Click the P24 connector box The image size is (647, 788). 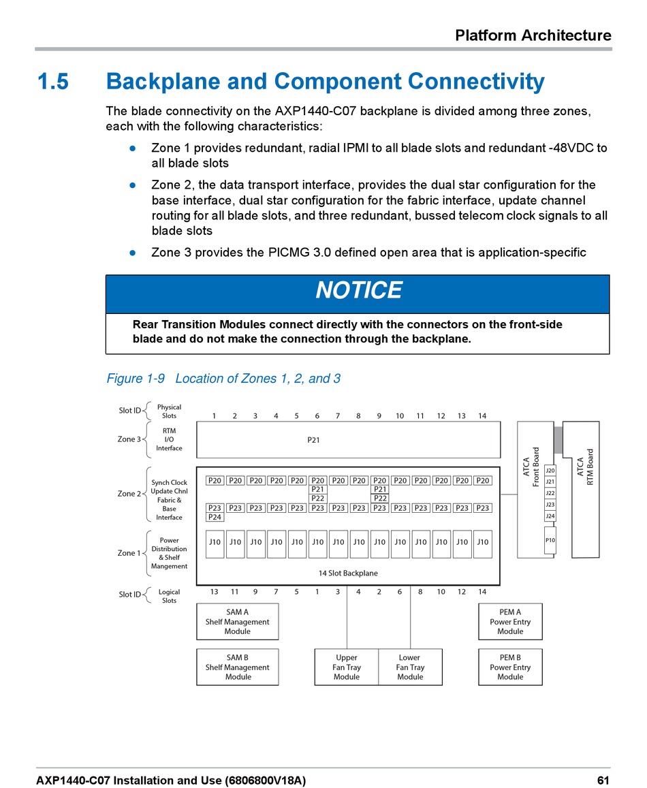pyautogui.click(x=215, y=517)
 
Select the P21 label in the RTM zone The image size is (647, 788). pyautogui.click(x=313, y=440)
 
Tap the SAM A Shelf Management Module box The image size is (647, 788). pyautogui.click(x=237, y=622)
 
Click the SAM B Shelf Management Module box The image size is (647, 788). pyautogui.click(x=237, y=667)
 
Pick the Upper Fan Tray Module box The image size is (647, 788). pyautogui.click(x=347, y=667)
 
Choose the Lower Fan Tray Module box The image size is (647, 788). pyautogui.click(x=410, y=667)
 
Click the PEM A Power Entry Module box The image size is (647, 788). pyautogui.click(x=510, y=622)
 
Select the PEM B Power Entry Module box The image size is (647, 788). pyautogui.click(x=510, y=667)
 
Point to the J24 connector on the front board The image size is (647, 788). pyautogui.click(x=550, y=516)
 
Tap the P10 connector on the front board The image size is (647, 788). pyautogui.click(x=550, y=540)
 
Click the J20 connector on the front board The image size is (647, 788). pyautogui.click(x=550, y=471)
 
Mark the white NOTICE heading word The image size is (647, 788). pyautogui.click(x=358, y=291)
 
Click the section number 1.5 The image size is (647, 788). pyautogui.click(x=52, y=82)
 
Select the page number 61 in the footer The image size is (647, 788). pyautogui.click(x=603, y=780)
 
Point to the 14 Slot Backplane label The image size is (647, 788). pyautogui.click(x=348, y=573)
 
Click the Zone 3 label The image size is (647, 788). pyautogui.click(x=129, y=439)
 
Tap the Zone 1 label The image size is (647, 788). pyautogui.click(x=129, y=553)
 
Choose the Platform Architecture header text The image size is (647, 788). pyautogui.click(x=533, y=35)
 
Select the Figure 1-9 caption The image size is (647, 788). pyautogui.click(x=223, y=379)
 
